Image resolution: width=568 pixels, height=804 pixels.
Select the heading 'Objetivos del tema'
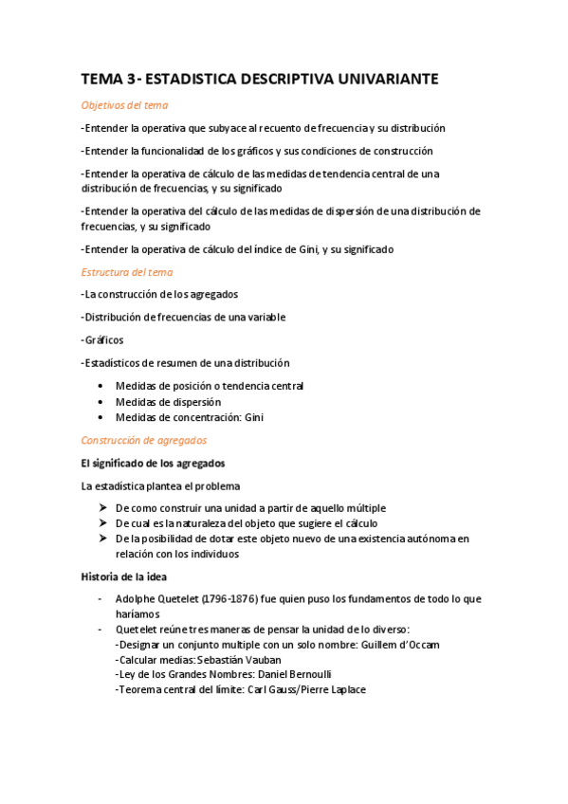pyautogui.click(x=124, y=105)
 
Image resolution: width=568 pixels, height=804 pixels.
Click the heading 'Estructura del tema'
pyautogui.click(x=127, y=272)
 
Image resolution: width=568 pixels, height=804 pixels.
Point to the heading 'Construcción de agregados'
pyautogui.click(x=144, y=440)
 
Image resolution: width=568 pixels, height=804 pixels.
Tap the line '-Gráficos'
pyautogui.click(x=103, y=339)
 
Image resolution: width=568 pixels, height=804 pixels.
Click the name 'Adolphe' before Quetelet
pyautogui.click(x=136, y=599)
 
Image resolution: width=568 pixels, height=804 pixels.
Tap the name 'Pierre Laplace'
pyautogui.click(x=332, y=690)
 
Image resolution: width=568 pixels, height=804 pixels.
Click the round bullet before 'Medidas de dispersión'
pyautogui.click(x=101, y=402)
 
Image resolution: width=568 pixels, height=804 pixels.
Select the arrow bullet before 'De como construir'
pyautogui.click(x=101, y=508)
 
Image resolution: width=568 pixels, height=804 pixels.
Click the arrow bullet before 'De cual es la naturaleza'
pyautogui.click(x=101, y=523)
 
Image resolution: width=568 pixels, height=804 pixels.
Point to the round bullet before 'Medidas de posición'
pyautogui.click(x=101, y=387)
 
